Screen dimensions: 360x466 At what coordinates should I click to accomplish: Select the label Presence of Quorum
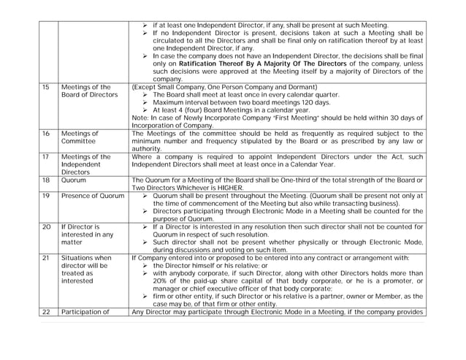click(x=92, y=196)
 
